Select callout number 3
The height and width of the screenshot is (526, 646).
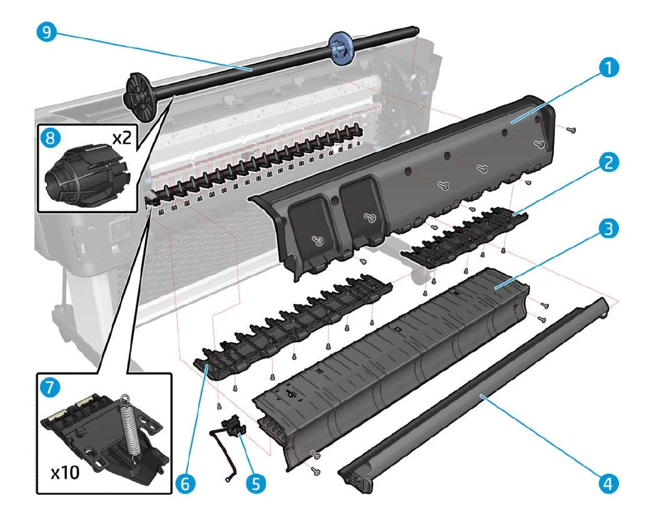coord(605,229)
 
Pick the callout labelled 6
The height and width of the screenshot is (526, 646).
coord(186,483)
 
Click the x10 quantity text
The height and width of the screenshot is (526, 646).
coord(66,471)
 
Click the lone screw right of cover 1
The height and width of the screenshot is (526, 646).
coord(571,129)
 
